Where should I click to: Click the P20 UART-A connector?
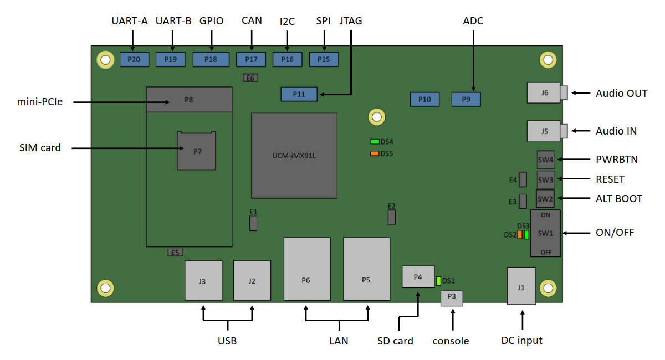134,59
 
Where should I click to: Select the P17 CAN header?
251,59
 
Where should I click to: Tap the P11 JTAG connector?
299,94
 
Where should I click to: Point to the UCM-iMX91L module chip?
294,156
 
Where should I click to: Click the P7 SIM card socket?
196,151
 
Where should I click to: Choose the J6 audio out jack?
546,93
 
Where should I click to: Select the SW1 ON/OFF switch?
545,233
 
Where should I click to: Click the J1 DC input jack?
521,286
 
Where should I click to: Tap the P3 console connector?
452,297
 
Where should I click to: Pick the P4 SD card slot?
418,276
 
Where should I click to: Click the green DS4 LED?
375,142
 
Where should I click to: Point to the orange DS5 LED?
375,153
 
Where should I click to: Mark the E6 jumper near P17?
250,78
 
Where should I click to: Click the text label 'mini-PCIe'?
40,102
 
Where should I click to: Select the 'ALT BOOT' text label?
619,199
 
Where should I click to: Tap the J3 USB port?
203,281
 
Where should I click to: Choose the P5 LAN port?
366,269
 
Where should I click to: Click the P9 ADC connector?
466,100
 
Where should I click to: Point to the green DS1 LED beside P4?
438,281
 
